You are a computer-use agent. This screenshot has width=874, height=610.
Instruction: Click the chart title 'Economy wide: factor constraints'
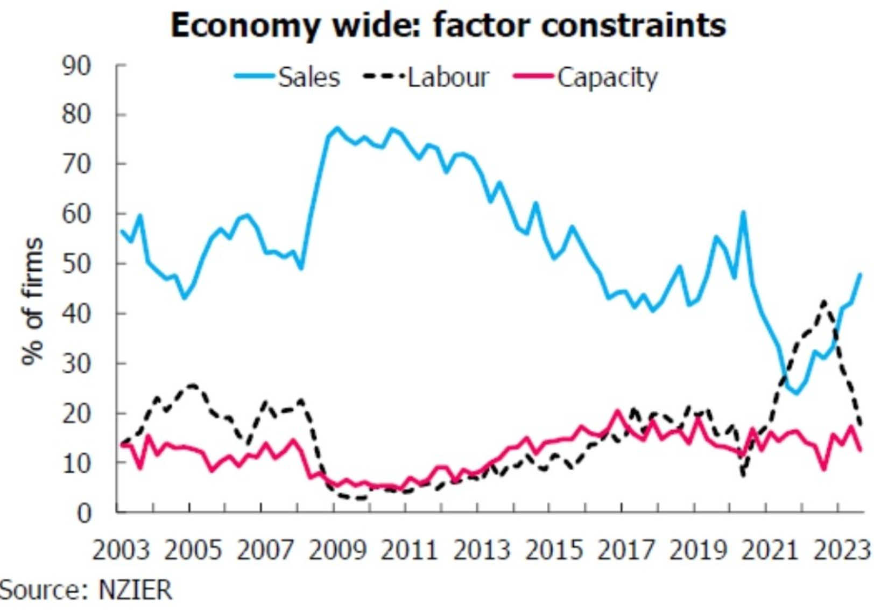pos(448,25)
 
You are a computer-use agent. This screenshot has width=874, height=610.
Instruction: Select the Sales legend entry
pos(309,78)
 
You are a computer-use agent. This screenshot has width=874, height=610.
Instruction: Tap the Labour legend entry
pos(448,78)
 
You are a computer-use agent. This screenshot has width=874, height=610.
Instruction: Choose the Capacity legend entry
pos(607,78)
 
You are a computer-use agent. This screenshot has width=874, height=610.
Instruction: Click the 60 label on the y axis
pos(76,214)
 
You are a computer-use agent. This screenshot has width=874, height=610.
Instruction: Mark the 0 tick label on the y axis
pos(84,513)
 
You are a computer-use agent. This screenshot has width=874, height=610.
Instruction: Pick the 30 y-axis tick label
pos(76,364)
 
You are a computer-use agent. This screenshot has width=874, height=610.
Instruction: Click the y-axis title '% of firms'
pos(32,302)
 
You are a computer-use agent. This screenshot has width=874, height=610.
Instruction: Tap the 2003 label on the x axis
pos(121,550)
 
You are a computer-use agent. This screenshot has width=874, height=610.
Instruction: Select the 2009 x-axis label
pos(337,550)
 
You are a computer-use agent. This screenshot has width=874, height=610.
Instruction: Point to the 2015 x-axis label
pos(554,550)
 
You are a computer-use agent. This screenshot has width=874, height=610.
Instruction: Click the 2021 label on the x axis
pos(770,550)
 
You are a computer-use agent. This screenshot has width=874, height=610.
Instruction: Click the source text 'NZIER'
pos(136,590)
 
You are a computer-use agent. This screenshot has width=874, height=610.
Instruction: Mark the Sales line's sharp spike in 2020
pos(743,212)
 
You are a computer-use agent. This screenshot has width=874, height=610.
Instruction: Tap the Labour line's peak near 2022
pos(823,302)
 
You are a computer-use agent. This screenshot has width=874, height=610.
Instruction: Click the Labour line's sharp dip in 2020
pos(743,475)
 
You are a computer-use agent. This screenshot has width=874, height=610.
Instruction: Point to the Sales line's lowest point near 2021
pos(797,393)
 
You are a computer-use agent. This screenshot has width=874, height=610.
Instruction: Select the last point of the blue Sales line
pos(860,275)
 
